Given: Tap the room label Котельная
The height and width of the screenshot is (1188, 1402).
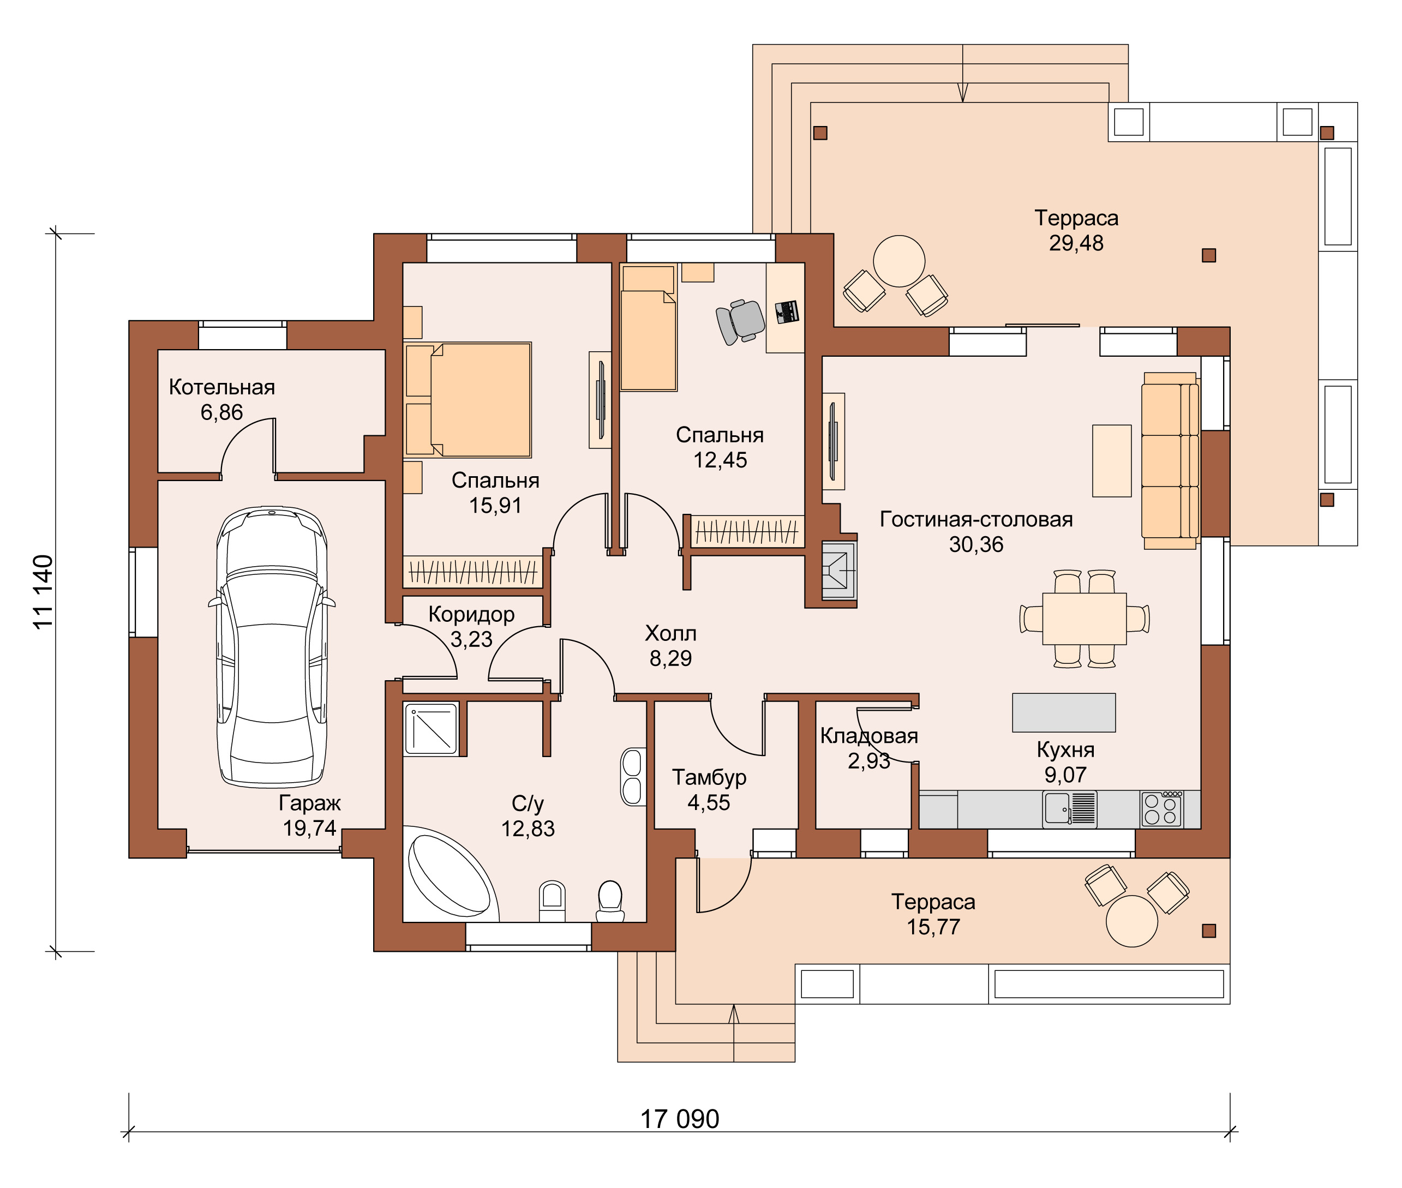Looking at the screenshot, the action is (221, 387).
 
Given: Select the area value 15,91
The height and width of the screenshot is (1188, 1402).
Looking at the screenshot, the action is (496, 505).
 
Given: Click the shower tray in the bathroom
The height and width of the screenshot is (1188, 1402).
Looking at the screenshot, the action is (431, 728).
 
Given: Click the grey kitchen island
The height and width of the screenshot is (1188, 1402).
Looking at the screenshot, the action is (1064, 712).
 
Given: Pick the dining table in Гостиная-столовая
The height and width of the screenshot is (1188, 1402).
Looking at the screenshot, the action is (1084, 618).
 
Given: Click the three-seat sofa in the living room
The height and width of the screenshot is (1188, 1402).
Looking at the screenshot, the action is (1170, 461).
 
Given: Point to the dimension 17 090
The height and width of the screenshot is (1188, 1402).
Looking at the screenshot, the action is (679, 1119).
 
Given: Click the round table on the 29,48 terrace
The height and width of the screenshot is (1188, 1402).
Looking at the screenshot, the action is (899, 261).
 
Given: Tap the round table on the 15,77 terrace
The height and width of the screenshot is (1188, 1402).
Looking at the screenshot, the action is (1132, 921).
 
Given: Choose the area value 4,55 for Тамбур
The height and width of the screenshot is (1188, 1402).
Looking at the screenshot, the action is (709, 802).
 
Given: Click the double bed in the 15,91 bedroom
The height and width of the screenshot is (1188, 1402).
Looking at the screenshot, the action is (468, 399).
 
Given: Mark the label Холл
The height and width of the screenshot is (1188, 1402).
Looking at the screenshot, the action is (670, 633).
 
